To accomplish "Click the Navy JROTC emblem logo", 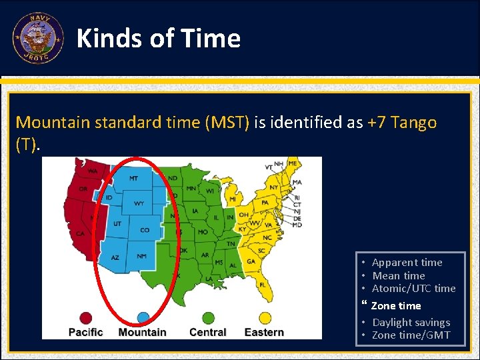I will pyautogui.click(x=38, y=39).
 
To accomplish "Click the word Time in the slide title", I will pyautogui.click(x=211, y=39).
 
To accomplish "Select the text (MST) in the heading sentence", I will pyautogui.click(x=227, y=123).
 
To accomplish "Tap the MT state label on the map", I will pyautogui.click(x=133, y=179).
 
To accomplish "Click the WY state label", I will pyautogui.click(x=139, y=203).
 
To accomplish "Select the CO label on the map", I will pyautogui.click(x=145, y=230).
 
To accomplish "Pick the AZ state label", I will pyautogui.click(x=115, y=257).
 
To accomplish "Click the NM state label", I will pyautogui.click(x=141, y=256).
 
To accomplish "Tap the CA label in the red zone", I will pyautogui.click(x=80, y=233).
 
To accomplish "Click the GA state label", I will pyautogui.click(x=250, y=262).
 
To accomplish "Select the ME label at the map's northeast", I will pyautogui.click(x=293, y=164).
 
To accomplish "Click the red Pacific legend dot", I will pyautogui.click(x=85, y=318).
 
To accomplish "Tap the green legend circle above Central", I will pyautogui.click(x=208, y=318).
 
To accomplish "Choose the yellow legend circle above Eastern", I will pyautogui.click(x=263, y=318).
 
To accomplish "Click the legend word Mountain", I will pyautogui.click(x=142, y=332).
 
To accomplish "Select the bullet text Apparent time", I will pyautogui.click(x=407, y=263).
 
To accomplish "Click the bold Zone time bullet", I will pyautogui.click(x=396, y=306).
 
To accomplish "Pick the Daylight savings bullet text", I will pyautogui.click(x=411, y=323).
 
